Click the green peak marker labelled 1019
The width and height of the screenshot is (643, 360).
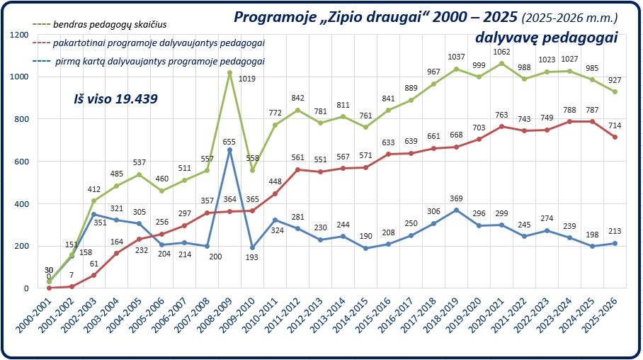tap(229, 72)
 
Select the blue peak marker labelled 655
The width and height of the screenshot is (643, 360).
tap(229, 150)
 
